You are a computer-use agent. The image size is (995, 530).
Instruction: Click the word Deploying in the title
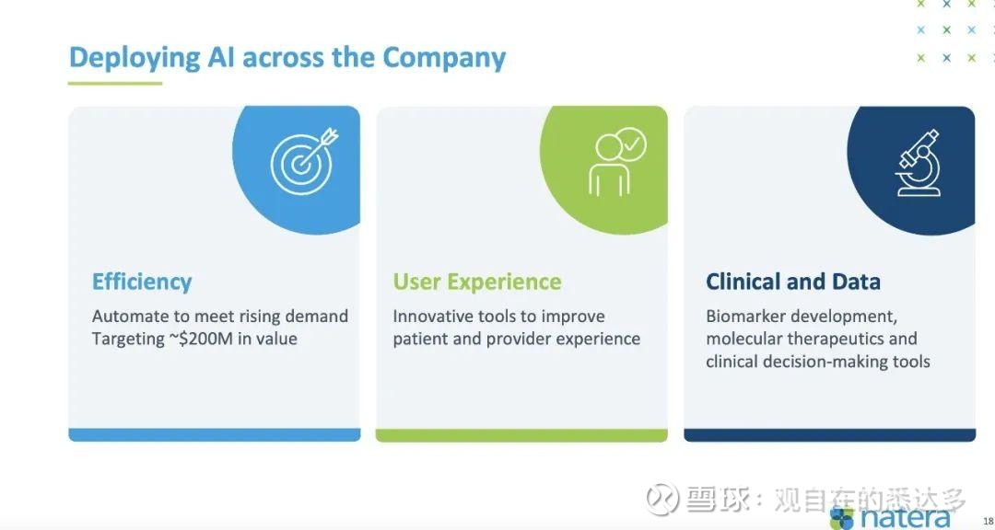(134, 58)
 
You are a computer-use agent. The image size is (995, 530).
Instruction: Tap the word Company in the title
(443, 58)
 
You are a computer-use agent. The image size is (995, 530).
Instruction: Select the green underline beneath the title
(115, 83)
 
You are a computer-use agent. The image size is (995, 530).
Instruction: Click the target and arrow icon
(304, 161)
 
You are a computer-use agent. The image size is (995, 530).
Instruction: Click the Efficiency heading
(142, 282)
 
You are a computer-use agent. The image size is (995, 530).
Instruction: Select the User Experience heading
(477, 282)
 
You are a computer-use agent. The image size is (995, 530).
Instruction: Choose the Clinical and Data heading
(793, 282)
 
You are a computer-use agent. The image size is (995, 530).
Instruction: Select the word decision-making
(829, 362)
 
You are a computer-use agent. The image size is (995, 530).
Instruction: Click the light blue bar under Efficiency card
(215, 435)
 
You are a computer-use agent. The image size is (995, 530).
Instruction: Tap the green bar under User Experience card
(521, 435)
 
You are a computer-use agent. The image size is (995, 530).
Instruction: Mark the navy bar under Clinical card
(829, 435)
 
